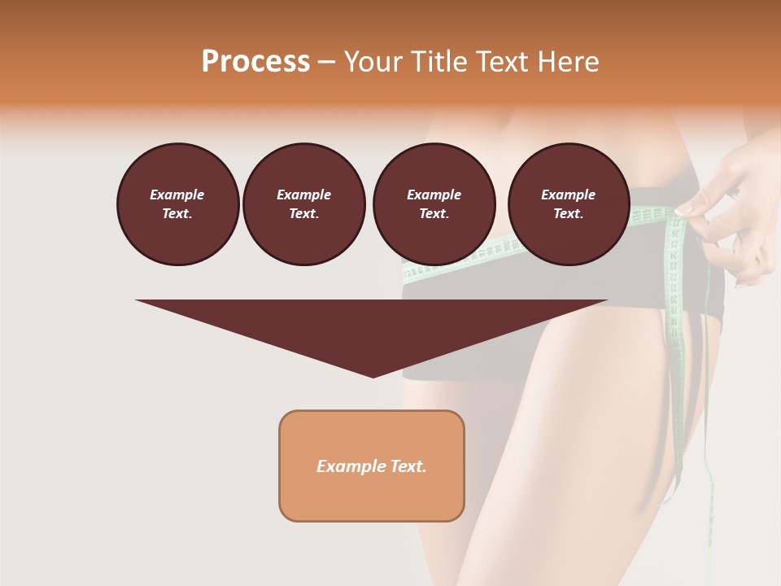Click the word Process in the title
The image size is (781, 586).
(255, 62)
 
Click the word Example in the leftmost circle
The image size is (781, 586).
(177, 195)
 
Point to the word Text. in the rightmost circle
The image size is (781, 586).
(569, 213)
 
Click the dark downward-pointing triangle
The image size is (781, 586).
(372, 326)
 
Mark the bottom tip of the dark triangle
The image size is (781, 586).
(373, 375)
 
